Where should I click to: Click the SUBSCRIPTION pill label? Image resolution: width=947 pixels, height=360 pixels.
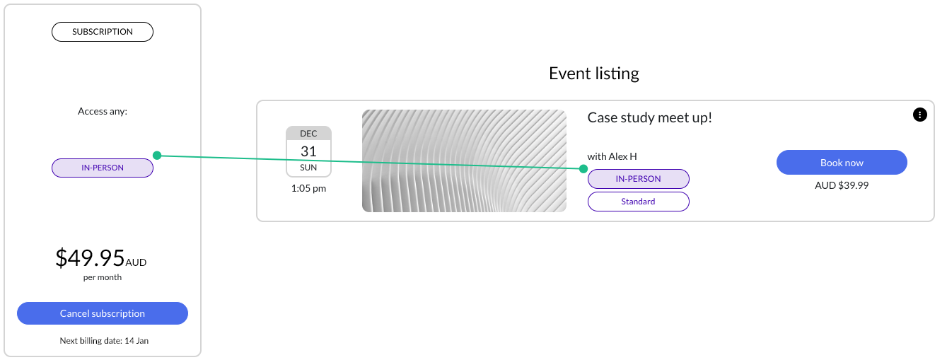(103, 32)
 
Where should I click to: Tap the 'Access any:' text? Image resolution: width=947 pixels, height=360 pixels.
(103, 111)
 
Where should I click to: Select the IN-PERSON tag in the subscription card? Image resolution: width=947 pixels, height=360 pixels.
(103, 168)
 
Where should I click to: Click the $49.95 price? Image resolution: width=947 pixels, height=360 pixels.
(90, 257)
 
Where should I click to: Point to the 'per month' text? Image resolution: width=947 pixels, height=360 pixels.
(103, 277)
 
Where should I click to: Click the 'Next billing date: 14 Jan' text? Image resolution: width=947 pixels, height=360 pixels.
(104, 341)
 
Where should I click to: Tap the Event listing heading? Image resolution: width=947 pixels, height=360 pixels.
(594, 74)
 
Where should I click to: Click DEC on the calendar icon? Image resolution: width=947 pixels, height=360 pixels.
(308, 134)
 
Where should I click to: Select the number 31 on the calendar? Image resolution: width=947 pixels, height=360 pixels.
(308, 151)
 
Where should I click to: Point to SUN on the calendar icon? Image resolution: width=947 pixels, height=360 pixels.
(308, 168)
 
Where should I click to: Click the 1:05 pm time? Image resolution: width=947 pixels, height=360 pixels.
(308, 188)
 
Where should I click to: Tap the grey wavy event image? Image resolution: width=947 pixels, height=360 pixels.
(464, 161)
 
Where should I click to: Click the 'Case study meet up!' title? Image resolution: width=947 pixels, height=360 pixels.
(650, 117)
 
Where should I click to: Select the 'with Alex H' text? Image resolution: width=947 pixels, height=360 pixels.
(612, 156)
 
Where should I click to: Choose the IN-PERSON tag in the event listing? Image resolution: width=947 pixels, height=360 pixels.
(639, 179)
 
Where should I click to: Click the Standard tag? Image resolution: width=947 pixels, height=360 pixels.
(639, 202)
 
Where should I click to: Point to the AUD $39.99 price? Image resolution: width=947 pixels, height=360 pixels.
(842, 185)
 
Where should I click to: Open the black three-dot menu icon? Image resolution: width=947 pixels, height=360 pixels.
(920, 115)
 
